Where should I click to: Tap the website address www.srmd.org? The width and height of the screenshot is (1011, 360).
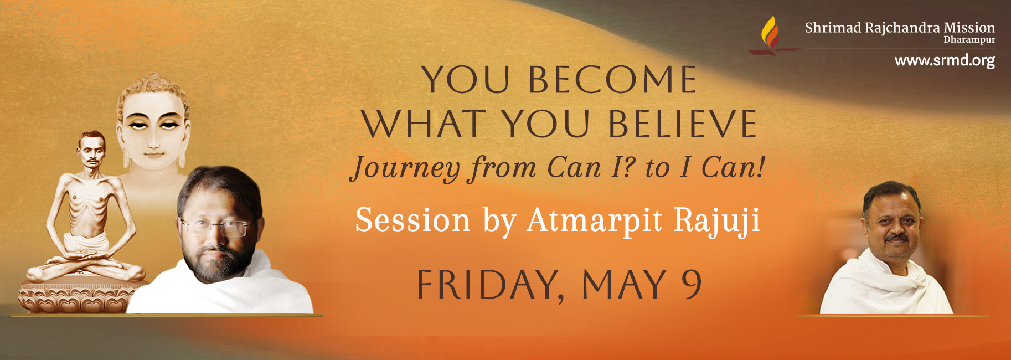945,60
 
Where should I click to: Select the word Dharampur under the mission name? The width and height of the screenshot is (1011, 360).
969,40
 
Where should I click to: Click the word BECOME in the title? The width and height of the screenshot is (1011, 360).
612,80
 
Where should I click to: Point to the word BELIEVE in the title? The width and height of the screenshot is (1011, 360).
683,124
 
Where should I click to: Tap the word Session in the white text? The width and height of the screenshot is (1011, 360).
412,220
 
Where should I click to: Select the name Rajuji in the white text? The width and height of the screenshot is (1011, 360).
717,222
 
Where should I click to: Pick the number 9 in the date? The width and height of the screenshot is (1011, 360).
692,284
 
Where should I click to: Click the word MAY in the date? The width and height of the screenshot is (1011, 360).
623,285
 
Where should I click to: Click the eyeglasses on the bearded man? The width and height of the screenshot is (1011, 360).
220,227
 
